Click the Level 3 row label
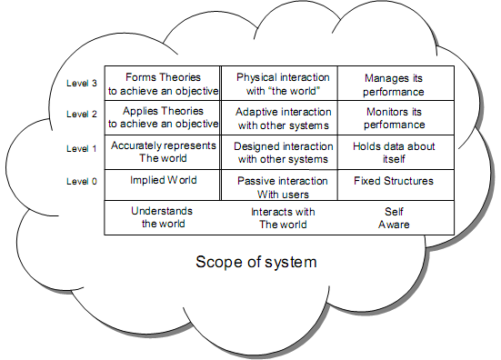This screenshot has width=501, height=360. pos(82,84)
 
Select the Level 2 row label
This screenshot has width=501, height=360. pos(82,114)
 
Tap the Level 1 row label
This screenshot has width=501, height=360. pos(82,148)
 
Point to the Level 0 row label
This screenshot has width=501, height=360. pos(82,182)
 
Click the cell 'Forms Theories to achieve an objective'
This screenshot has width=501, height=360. pos(163,84)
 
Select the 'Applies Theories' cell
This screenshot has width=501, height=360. pos(163,117)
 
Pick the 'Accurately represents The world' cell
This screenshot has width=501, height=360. pos(163,152)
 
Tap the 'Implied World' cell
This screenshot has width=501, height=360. pos(163,185)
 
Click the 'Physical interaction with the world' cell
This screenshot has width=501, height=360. pos(279,84)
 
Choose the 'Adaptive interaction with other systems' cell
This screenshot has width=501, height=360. pos(279,117)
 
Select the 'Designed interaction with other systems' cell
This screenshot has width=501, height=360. pos(279,152)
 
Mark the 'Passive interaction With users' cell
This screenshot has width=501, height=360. pos(279,185)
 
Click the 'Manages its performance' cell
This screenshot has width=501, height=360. pos(396,84)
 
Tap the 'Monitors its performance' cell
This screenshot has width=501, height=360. pos(396,117)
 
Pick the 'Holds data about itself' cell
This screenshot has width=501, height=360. pos(396,152)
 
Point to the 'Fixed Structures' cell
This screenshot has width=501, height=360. pos(396,185)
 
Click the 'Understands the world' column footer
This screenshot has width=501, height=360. pos(163,217)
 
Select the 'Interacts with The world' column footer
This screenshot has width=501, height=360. pos(283,218)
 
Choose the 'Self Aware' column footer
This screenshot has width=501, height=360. pos(394,218)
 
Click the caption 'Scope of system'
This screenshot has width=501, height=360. pos(256,262)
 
